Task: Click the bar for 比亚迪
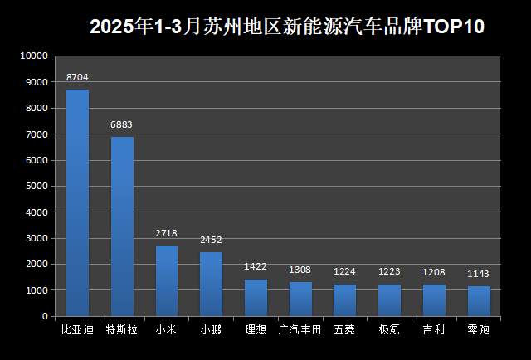(x=77, y=202)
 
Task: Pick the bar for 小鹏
(x=211, y=284)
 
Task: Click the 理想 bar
(x=256, y=298)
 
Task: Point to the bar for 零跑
(x=479, y=301)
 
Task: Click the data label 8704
(x=77, y=77)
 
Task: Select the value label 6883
(x=122, y=124)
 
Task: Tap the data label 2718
(x=166, y=233)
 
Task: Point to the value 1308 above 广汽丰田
(x=300, y=270)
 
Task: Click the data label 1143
(x=479, y=274)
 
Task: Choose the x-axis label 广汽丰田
(x=300, y=330)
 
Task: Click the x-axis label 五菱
(x=344, y=330)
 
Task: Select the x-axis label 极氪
(x=389, y=330)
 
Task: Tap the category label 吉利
(x=434, y=330)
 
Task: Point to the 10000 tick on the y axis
(x=34, y=56)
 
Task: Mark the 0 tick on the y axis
(x=45, y=316)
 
